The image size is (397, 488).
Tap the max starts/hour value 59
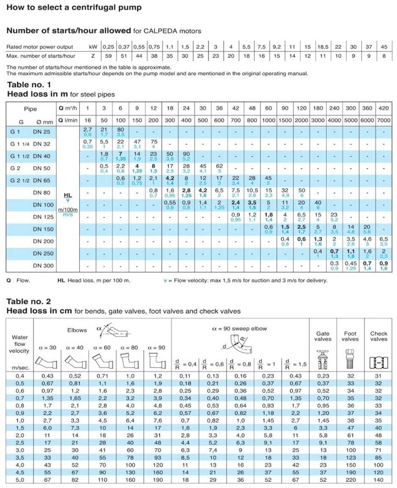(108, 56)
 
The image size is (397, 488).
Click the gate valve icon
(323, 356)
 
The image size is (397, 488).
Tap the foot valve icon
(350, 356)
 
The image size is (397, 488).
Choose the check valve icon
(378, 360)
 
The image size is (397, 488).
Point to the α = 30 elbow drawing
(47, 361)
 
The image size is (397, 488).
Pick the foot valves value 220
(350, 480)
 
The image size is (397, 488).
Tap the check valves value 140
(378, 480)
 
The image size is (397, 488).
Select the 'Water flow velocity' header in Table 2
(19, 344)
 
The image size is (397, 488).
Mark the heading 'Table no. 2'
(29, 301)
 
